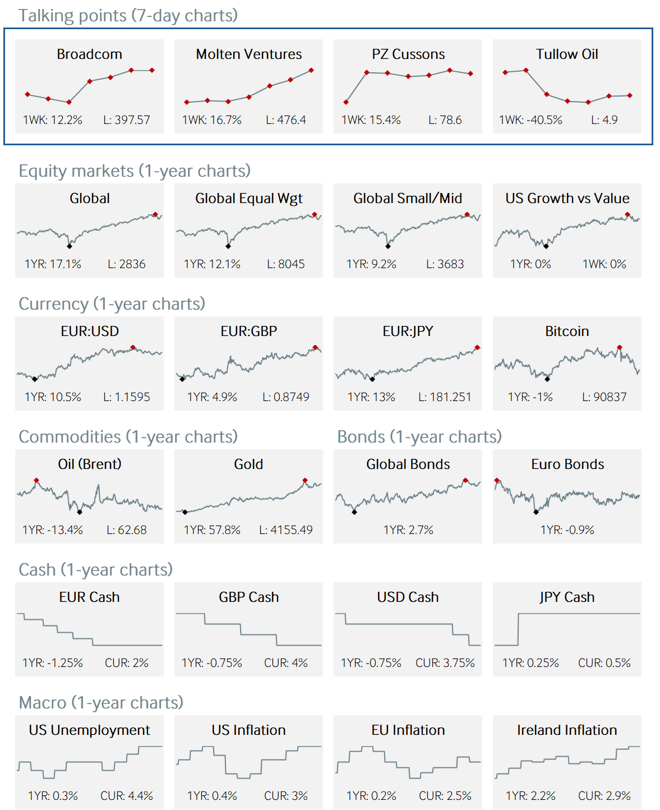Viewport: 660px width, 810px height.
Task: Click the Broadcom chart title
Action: click(89, 54)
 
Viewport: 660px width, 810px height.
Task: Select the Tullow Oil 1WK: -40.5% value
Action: click(530, 120)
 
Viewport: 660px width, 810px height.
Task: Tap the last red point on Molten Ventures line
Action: click(311, 71)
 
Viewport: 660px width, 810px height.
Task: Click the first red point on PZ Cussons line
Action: click(346, 102)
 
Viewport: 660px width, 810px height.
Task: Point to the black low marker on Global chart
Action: click(70, 246)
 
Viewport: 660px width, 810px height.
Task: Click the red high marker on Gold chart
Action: click(305, 481)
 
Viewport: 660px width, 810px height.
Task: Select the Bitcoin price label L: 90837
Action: click(604, 397)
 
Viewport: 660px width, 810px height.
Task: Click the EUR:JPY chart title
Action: click(408, 332)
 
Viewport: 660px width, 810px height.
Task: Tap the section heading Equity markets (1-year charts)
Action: click(135, 171)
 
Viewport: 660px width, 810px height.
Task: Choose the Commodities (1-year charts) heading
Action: click(128, 437)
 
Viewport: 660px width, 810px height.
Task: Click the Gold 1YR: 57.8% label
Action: click(212, 530)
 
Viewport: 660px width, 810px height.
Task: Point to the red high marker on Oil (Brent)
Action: click(36, 481)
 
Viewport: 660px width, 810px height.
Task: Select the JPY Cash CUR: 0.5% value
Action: click(604, 663)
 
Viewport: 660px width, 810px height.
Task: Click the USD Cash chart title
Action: click(408, 597)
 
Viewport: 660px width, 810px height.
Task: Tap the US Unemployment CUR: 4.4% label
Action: click(126, 796)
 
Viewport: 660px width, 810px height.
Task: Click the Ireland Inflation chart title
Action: click(567, 730)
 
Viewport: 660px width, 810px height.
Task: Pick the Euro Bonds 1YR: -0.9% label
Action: click(567, 530)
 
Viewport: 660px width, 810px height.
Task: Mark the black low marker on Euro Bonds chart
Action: click(536, 512)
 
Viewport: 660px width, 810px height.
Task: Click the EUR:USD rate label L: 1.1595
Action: click(126, 397)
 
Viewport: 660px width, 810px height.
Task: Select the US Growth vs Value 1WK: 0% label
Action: click(604, 264)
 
